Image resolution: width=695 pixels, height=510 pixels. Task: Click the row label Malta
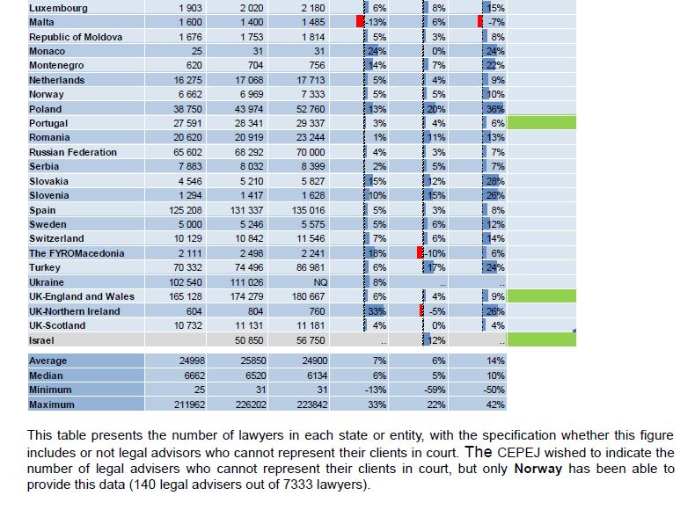coord(41,22)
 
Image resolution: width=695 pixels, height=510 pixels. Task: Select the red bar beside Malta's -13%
coord(360,21)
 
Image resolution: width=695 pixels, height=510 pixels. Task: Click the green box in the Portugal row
coord(542,123)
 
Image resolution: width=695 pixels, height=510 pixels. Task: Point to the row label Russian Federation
coord(73,152)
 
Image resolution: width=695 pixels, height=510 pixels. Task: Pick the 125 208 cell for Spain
coord(186,210)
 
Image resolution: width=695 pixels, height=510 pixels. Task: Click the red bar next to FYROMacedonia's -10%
coord(420,252)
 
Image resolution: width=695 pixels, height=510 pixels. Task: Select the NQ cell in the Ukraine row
coord(320,282)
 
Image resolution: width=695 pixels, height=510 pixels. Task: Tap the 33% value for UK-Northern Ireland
coord(377,311)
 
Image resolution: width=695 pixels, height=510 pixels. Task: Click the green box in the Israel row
coord(542,339)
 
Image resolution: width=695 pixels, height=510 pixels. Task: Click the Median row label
coord(46,375)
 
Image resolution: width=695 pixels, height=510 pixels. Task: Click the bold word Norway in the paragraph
coord(538,469)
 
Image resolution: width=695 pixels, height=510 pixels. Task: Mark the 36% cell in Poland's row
coord(495,109)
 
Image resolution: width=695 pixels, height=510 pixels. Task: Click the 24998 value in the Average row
coord(192,361)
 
